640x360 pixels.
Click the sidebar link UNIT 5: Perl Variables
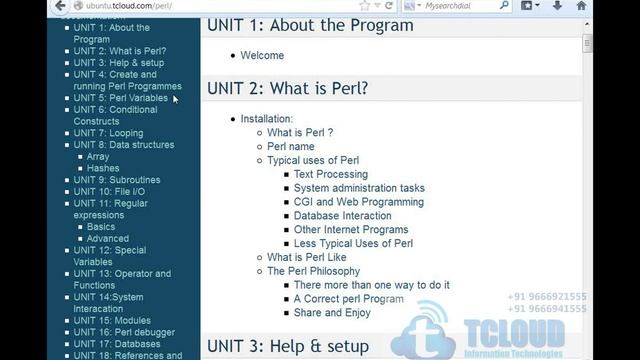tap(120, 98)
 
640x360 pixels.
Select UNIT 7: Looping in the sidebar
tap(108, 133)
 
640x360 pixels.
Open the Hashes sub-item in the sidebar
tap(103, 168)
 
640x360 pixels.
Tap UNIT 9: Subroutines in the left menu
tap(116, 180)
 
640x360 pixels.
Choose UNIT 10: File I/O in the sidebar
tap(109, 191)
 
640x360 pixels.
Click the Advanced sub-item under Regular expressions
tap(108, 238)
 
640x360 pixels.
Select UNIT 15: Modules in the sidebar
tap(112, 320)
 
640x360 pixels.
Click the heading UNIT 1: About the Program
tap(309, 25)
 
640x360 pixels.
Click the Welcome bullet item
tap(262, 55)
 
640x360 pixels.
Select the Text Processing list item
tap(330, 174)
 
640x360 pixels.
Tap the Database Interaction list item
tap(342, 215)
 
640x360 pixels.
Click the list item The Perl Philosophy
tap(313, 271)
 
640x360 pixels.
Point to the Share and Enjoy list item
tap(332, 312)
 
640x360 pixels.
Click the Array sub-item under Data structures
tap(98, 156)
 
